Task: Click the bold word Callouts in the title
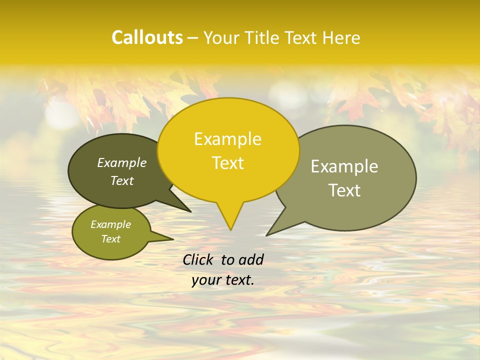tap(147, 37)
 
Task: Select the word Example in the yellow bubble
tap(227, 139)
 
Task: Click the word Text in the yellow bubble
tap(227, 163)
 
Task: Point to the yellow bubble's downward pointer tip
tap(230, 229)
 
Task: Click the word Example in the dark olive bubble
tap(122, 162)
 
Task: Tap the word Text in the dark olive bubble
tap(122, 180)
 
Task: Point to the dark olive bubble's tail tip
tap(190, 211)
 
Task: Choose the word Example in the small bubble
tap(110, 224)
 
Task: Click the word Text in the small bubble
tap(110, 239)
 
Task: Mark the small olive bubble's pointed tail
tap(172, 238)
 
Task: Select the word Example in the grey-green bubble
tap(344, 166)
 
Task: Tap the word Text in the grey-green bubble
tap(344, 190)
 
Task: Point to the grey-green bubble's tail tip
tap(267, 235)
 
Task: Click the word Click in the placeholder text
tap(198, 259)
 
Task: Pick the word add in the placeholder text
tap(250, 259)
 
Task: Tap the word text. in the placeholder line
tap(238, 280)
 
